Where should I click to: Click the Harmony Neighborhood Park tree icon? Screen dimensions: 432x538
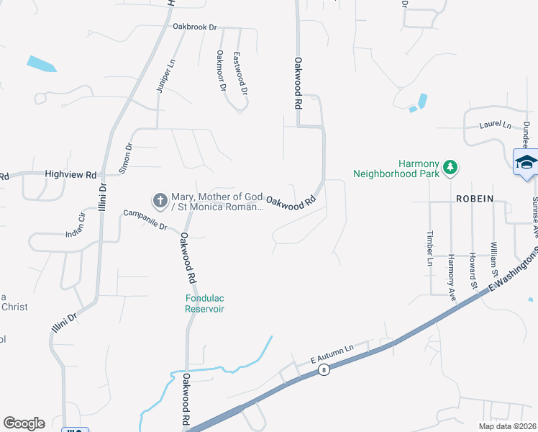click(450, 167)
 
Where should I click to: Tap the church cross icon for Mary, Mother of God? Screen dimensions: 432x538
click(160, 198)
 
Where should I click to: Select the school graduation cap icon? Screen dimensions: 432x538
click(525, 162)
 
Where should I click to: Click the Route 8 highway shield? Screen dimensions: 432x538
click(325, 370)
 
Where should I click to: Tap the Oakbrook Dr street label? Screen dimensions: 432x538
click(194, 27)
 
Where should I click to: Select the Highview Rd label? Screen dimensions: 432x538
click(70, 174)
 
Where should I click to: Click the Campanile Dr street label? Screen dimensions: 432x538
click(145, 219)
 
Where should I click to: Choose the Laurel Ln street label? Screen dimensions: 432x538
click(495, 125)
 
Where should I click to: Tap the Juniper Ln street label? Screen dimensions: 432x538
click(165, 77)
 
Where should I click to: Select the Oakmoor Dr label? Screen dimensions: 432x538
click(222, 71)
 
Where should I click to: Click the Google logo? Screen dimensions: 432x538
click(24, 423)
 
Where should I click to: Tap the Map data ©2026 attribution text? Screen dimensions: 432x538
click(507, 426)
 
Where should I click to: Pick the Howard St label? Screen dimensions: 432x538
click(473, 266)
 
